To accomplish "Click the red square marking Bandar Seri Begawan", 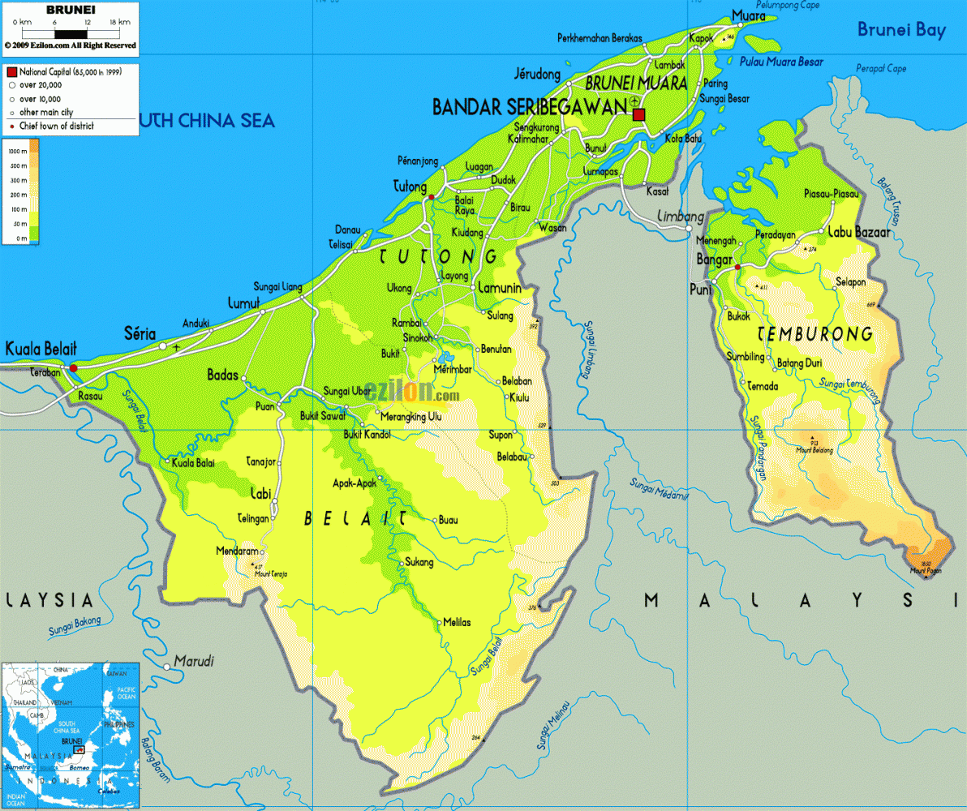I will (638, 114).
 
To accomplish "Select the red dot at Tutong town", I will (432, 197).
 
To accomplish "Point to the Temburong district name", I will (814, 334).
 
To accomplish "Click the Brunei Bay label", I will (902, 31).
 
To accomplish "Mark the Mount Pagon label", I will (925, 572).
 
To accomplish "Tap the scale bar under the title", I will (70, 34).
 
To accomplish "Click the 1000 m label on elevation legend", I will (14, 152).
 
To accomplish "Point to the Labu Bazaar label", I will (858, 232).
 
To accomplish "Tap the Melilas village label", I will (457, 623).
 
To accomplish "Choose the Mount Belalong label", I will (814, 450).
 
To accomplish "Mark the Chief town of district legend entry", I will (56, 127).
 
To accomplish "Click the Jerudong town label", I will (537, 75).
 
